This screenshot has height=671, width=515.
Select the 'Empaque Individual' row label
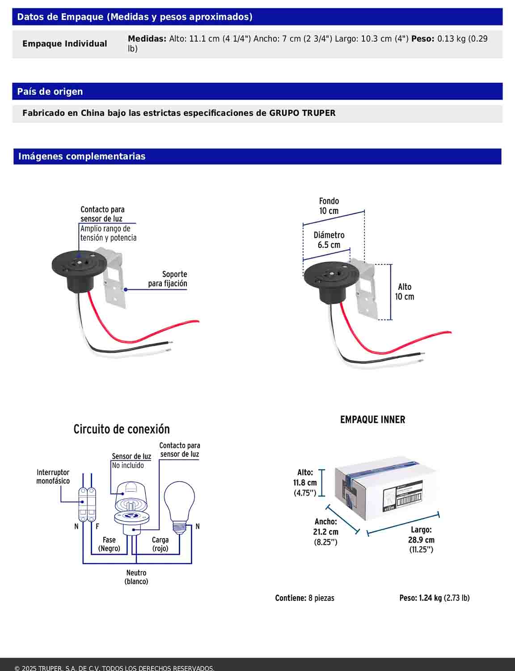click(x=65, y=44)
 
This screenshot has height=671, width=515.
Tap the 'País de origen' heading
click(x=50, y=92)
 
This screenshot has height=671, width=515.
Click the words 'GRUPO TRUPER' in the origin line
click(x=302, y=113)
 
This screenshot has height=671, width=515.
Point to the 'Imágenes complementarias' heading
click(x=82, y=157)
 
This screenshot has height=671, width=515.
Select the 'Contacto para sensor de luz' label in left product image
click(x=102, y=214)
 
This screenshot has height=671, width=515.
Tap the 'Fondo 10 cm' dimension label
click(x=329, y=206)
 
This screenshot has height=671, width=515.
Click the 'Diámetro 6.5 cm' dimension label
click(x=329, y=240)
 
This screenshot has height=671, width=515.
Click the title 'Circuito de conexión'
click(x=122, y=429)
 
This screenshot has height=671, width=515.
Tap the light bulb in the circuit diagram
click(x=179, y=505)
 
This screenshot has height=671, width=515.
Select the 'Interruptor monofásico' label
click(x=53, y=477)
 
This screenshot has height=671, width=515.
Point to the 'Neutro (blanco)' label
click(x=136, y=577)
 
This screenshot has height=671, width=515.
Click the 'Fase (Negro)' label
click(x=109, y=544)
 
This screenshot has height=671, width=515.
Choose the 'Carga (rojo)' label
click(x=160, y=544)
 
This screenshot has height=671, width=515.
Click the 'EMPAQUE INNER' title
click(x=372, y=420)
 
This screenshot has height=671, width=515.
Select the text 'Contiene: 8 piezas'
click(x=304, y=598)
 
